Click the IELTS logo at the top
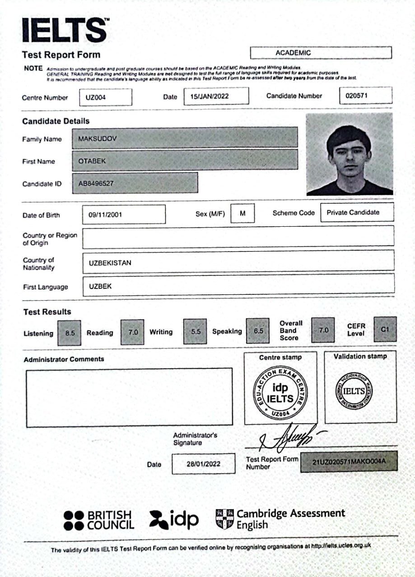(65, 30)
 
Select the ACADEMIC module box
(321, 53)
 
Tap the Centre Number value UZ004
(106, 97)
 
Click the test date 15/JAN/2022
(216, 96)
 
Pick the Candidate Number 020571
(365, 96)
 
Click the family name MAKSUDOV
(185, 137)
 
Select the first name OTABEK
(185, 160)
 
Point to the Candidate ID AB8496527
(135, 183)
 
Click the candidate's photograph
(349, 154)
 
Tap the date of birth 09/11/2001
(124, 215)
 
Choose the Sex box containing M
(242, 213)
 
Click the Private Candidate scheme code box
(357, 212)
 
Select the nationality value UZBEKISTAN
(238, 262)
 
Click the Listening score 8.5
(70, 333)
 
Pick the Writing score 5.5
(195, 331)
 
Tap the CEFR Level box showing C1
(385, 330)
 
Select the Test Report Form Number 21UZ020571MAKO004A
(349, 462)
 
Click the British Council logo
(99, 520)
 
